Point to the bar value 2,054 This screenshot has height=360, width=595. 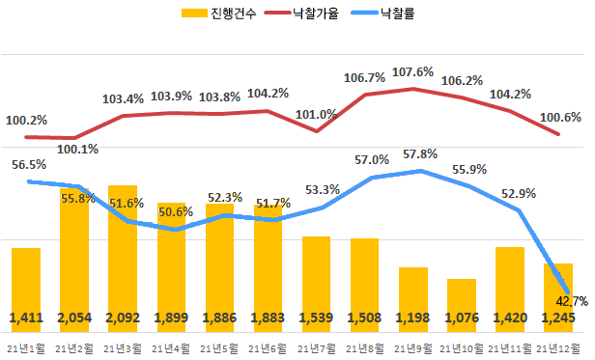pyautogui.click(x=74, y=318)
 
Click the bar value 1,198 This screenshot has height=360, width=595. pyautogui.click(x=412, y=318)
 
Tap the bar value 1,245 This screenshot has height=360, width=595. pyautogui.click(x=557, y=318)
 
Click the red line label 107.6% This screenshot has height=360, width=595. pyautogui.click(x=413, y=71)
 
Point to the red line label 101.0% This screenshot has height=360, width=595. pyautogui.click(x=316, y=114)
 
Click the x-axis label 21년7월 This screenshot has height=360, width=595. pyautogui.click(x=316, y=346)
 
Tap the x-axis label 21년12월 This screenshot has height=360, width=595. pyautogui.click(x=557, y=346)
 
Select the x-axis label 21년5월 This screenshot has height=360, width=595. pyautogui.click(x=219, y=346)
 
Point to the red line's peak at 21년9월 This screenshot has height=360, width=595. pyautogui.click(x=413, y=89)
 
